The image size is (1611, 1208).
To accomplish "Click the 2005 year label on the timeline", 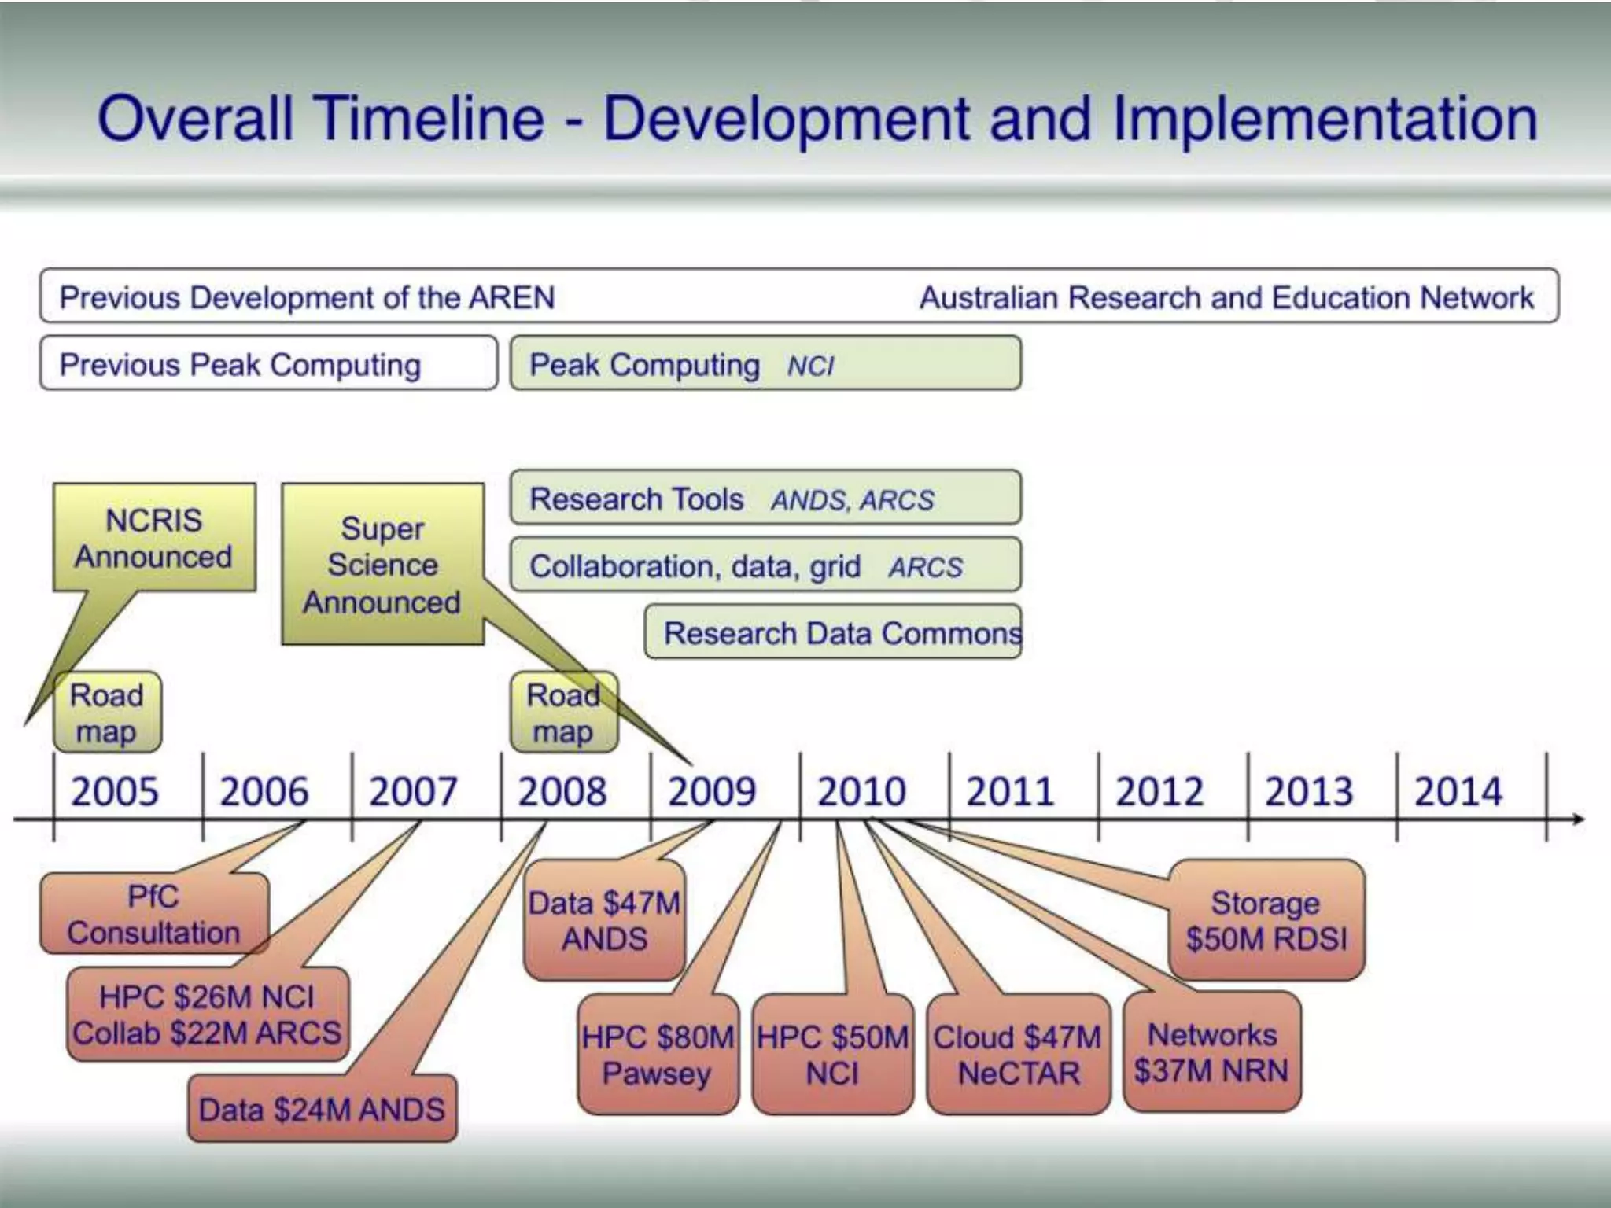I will click(x=115, y=791).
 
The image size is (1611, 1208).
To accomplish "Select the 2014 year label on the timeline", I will click(x=1458, y=791).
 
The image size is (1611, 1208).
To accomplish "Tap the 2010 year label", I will click(x=861, y=791).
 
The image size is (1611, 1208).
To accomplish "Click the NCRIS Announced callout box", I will click(x=154, y=538).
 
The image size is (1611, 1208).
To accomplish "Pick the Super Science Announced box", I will click(x=382, y=565).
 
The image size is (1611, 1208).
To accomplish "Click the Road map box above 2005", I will click(x=107, y=713).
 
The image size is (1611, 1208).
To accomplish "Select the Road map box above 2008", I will click(x=563, y=713).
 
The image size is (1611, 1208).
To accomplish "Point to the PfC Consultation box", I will click(x=154, y=914).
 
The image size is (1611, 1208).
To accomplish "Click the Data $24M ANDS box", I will click(x=322, y=1110).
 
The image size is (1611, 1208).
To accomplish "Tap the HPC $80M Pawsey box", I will click(x=658, y=1055).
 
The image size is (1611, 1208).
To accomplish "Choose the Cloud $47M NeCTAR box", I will click(x=1018, y=1055).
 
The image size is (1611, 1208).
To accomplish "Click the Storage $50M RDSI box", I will click(x=1266, y=920).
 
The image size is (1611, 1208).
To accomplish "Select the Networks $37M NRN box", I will click(x=1211, y=1052).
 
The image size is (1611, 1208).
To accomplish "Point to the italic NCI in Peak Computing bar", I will click(x=810, y=366).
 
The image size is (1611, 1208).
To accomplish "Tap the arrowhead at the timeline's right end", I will click(x=1578, y=819).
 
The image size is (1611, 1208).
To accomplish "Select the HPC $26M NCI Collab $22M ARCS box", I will click(x=207, y=1015).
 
